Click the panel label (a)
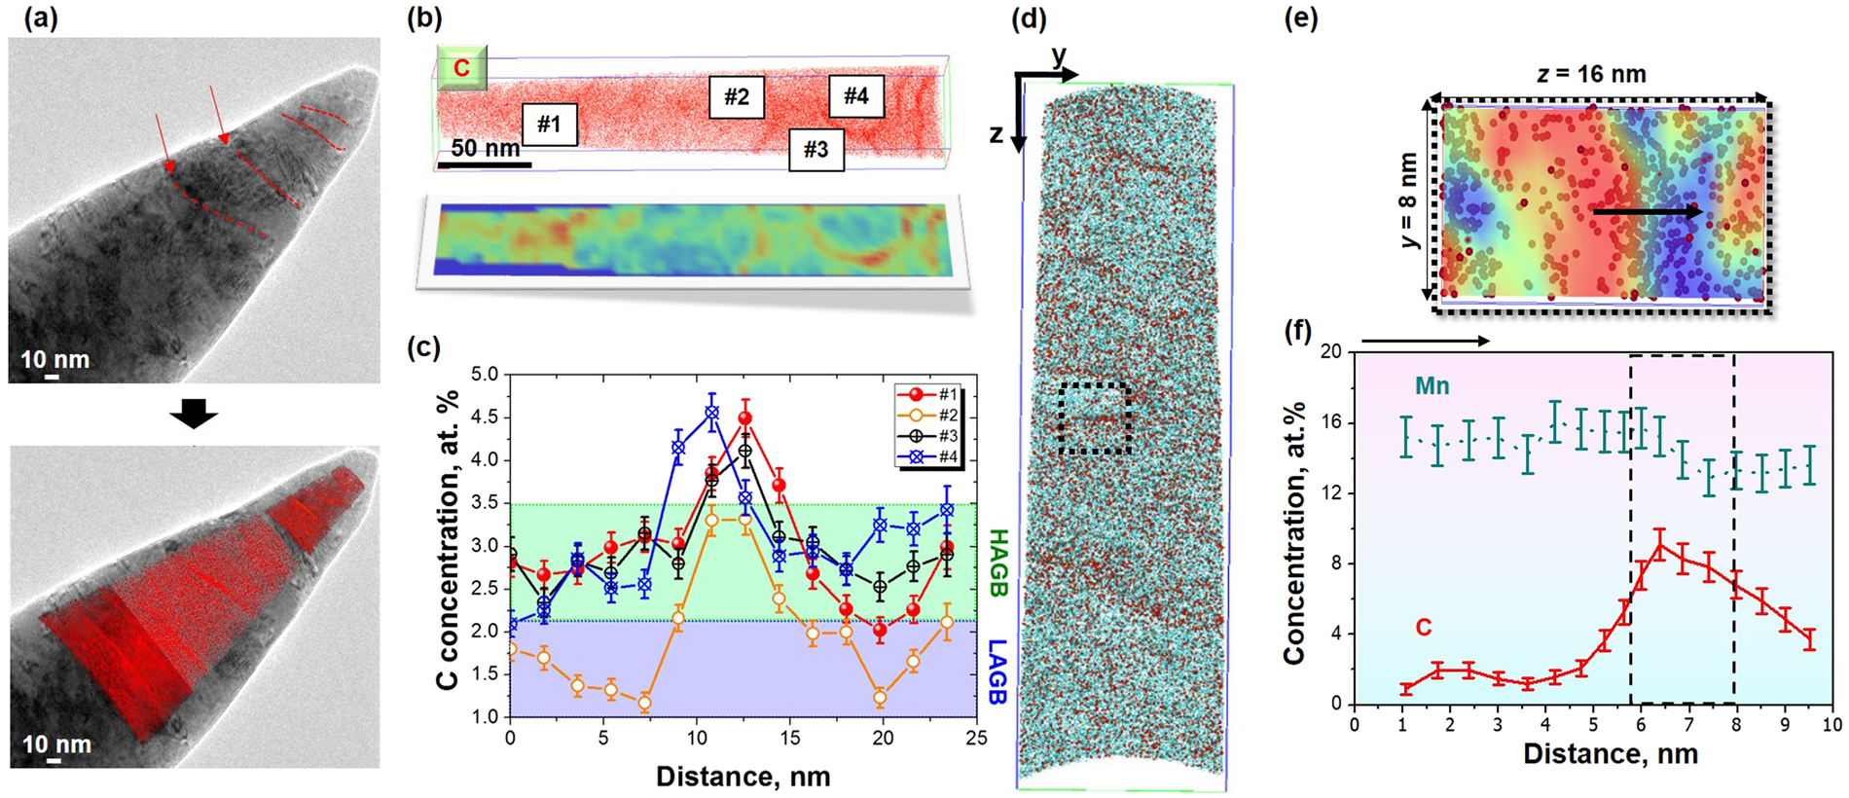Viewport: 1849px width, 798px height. tap(35, 18)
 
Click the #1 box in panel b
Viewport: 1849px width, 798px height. tap(550, 125)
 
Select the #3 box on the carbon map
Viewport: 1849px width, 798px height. tap(816, 149)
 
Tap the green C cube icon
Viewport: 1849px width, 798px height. tap(461, 68)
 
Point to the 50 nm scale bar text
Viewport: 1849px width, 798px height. tap(485, 149)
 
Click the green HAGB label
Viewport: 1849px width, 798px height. tap(998, 562)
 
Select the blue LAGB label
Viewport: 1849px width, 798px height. tap(998, 671)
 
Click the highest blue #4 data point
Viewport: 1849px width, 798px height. tap(711, 413)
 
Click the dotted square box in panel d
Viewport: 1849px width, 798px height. tap(1095, 418)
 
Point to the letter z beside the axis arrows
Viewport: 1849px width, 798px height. tap(997, 134)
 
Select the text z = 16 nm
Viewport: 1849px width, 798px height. tap(1591, 74)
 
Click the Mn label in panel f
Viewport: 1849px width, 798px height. tap(1432, 386)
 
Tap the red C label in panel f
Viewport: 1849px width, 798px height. tap(1423, 628)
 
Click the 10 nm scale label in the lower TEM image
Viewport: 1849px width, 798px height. tap(56, 744)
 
